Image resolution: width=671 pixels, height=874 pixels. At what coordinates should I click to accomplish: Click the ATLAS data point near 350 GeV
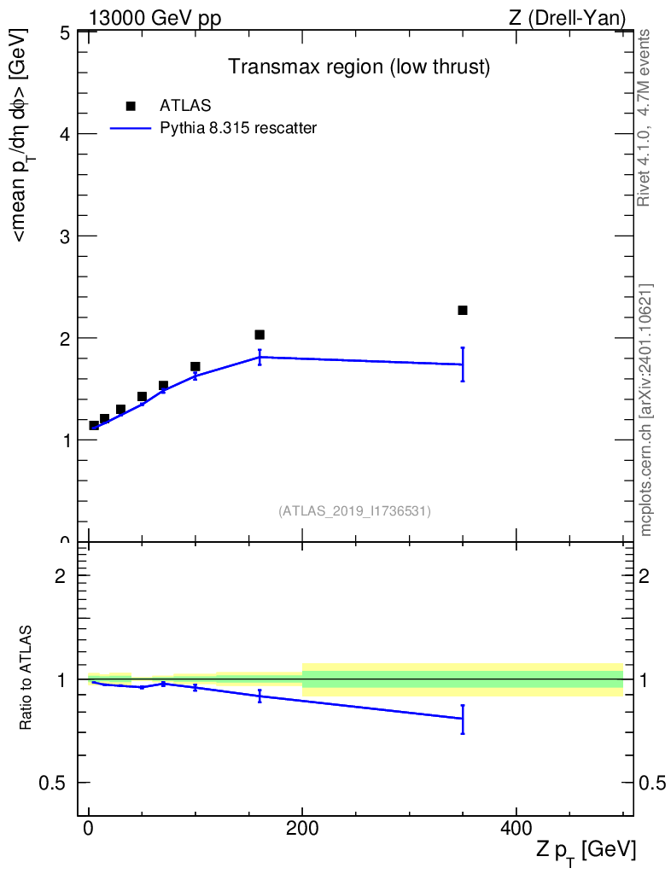463,310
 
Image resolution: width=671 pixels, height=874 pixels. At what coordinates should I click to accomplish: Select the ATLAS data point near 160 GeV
260,335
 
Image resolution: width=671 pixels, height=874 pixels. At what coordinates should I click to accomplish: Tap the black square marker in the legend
131,106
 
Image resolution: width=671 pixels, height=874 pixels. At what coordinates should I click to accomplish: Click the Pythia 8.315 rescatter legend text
238,128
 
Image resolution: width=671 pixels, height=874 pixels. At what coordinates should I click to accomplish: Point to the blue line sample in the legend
131,129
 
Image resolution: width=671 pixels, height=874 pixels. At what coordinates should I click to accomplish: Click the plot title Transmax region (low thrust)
359,67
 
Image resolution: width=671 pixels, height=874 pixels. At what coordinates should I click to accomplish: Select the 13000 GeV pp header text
155,18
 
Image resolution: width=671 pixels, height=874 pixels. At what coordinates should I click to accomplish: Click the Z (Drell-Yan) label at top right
567,18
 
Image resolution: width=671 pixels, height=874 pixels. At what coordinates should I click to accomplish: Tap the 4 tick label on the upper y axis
64,134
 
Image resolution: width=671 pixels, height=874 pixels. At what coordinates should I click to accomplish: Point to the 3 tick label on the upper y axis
64,236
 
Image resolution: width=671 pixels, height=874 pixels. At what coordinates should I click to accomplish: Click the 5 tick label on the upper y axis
64,32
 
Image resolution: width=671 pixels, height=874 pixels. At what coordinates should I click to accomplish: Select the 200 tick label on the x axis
302,828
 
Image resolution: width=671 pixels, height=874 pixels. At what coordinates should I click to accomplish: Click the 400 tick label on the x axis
516,828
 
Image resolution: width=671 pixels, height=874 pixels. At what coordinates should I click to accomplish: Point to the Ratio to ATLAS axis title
26,677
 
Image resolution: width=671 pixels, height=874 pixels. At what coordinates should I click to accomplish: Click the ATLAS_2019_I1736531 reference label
354,511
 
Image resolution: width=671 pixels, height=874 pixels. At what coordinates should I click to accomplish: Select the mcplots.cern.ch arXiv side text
645,410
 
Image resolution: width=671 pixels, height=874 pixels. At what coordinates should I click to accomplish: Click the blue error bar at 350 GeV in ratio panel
463,719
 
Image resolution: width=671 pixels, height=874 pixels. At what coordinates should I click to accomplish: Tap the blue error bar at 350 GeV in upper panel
463,364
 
